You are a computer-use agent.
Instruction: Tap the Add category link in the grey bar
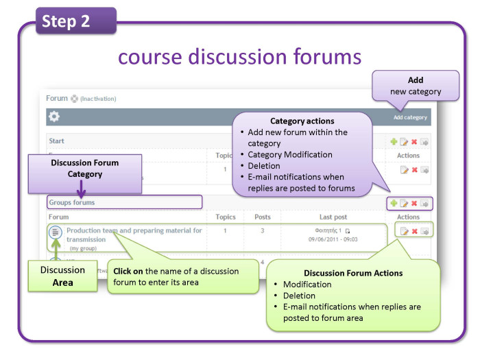coord(409,117)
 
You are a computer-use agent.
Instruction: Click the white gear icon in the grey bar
coord(53,117)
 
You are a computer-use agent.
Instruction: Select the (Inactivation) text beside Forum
coord(98,99)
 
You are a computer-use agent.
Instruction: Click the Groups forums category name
coord(72,202)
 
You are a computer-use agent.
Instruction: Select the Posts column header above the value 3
coord(263,217)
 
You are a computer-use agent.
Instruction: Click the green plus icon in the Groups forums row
coord(394,203)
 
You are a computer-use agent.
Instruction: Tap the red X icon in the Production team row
coord(414,231)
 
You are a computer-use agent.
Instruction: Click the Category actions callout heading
coord(302,121)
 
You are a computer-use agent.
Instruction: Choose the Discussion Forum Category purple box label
coord(84,168)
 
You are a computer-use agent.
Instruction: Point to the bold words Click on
coord(128,271)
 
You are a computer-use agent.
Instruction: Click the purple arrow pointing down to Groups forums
coord(81,188)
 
